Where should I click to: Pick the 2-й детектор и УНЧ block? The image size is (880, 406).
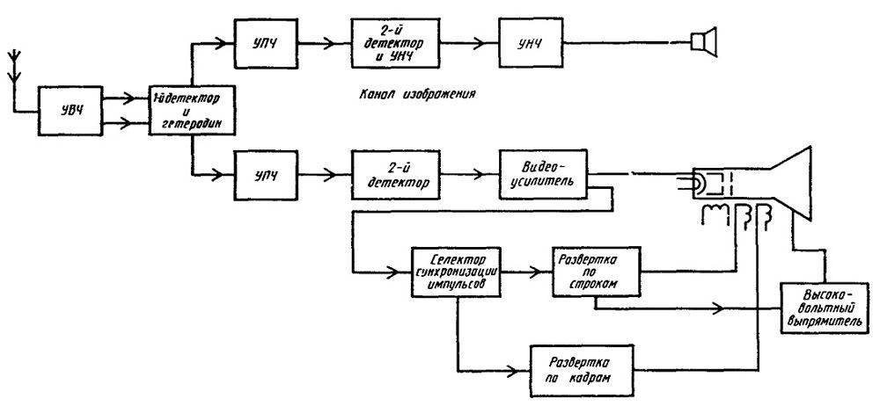pos(385,40)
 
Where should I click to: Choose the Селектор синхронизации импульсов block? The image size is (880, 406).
pos(454,272)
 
